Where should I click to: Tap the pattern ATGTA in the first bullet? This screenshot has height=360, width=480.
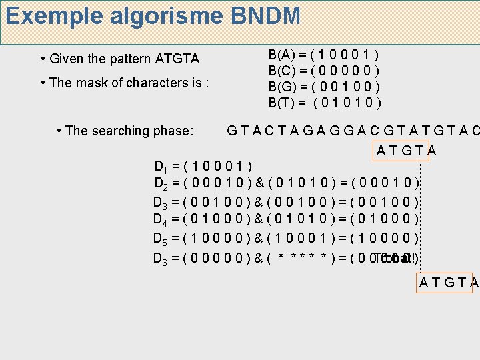click(177, 59)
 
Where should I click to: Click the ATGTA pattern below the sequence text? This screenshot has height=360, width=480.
click(406, 150)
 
